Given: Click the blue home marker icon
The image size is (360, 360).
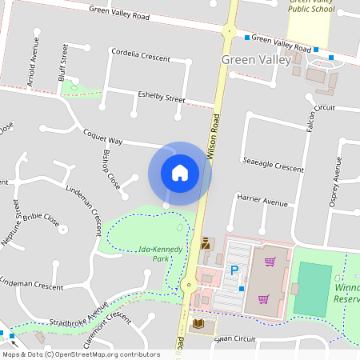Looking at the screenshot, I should pyautogui.click(x=180, y=173).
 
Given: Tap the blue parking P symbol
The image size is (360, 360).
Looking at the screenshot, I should pyautogui.click(x=234, y=270).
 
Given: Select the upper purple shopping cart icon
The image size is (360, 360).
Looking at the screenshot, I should pyautogui.click(x=270, y=261).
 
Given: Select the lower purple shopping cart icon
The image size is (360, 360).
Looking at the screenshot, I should pyautogui.click(x=263, y=298).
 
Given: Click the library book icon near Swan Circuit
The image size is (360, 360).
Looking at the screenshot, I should pyautogui.click(x=199, y=323).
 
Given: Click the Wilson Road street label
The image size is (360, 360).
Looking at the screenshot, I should pyautogui.click(x=214, y=136).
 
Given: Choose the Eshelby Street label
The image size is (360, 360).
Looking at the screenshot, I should pyautogui.click(x=161, y=97).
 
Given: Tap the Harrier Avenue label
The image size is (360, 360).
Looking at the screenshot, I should pyautogui.click(x=262, y=202).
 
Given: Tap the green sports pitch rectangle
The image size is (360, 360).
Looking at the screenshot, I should pyautogui.click(x=312, y=288).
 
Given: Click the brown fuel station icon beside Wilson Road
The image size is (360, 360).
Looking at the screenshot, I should pyautogui.click(x=204, y=242).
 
